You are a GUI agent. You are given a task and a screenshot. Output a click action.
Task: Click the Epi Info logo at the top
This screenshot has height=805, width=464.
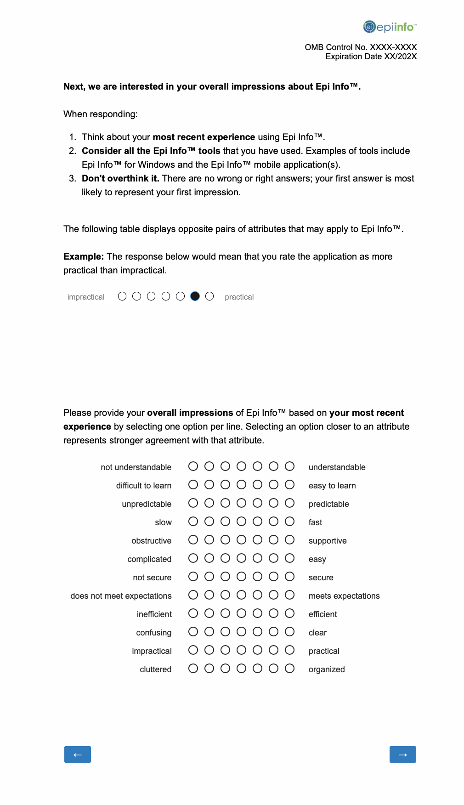pos(390,27)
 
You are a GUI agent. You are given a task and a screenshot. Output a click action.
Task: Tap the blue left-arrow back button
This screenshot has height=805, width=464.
pos(78,754)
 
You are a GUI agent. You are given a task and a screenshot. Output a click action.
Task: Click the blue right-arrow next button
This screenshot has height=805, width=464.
pos(402,754)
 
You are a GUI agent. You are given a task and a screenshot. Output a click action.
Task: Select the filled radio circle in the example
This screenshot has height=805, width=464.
pos(195,296)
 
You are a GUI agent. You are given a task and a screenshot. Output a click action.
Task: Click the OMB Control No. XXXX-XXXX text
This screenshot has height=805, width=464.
pos(361,47)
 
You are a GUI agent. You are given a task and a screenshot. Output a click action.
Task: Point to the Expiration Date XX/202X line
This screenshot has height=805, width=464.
pos(371,57)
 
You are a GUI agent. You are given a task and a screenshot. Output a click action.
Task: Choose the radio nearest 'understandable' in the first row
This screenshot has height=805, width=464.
pos(289,466)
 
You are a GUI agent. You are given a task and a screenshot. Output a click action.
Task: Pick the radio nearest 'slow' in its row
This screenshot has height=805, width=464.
pos(193,522)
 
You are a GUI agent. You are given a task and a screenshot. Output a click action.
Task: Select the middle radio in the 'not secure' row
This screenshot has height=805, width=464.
pos(241,577)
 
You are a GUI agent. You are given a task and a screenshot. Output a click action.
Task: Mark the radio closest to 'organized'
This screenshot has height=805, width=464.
pos(289,669)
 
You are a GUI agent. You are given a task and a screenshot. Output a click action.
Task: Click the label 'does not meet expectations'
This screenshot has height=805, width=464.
pos(121,596)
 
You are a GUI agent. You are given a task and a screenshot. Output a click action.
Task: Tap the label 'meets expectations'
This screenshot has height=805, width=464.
pos(344,596)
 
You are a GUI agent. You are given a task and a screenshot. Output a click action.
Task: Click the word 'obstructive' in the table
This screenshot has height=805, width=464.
pos(151,541)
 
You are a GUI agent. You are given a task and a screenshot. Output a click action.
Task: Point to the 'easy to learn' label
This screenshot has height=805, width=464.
pos(332,486)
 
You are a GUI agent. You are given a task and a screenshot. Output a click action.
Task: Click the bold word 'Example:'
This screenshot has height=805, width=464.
pos(84,256)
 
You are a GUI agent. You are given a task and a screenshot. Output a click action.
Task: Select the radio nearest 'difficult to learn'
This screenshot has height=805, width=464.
pos(193,485)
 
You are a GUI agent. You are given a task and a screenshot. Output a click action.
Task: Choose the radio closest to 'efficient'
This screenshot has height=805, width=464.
pos(289,613)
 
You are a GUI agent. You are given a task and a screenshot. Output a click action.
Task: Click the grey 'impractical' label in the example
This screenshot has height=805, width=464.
pos(86,297)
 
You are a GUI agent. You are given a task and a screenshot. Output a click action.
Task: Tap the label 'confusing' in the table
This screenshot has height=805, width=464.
pos(153,633)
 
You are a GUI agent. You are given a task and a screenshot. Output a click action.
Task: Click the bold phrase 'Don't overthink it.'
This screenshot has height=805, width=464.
pos(120,178)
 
